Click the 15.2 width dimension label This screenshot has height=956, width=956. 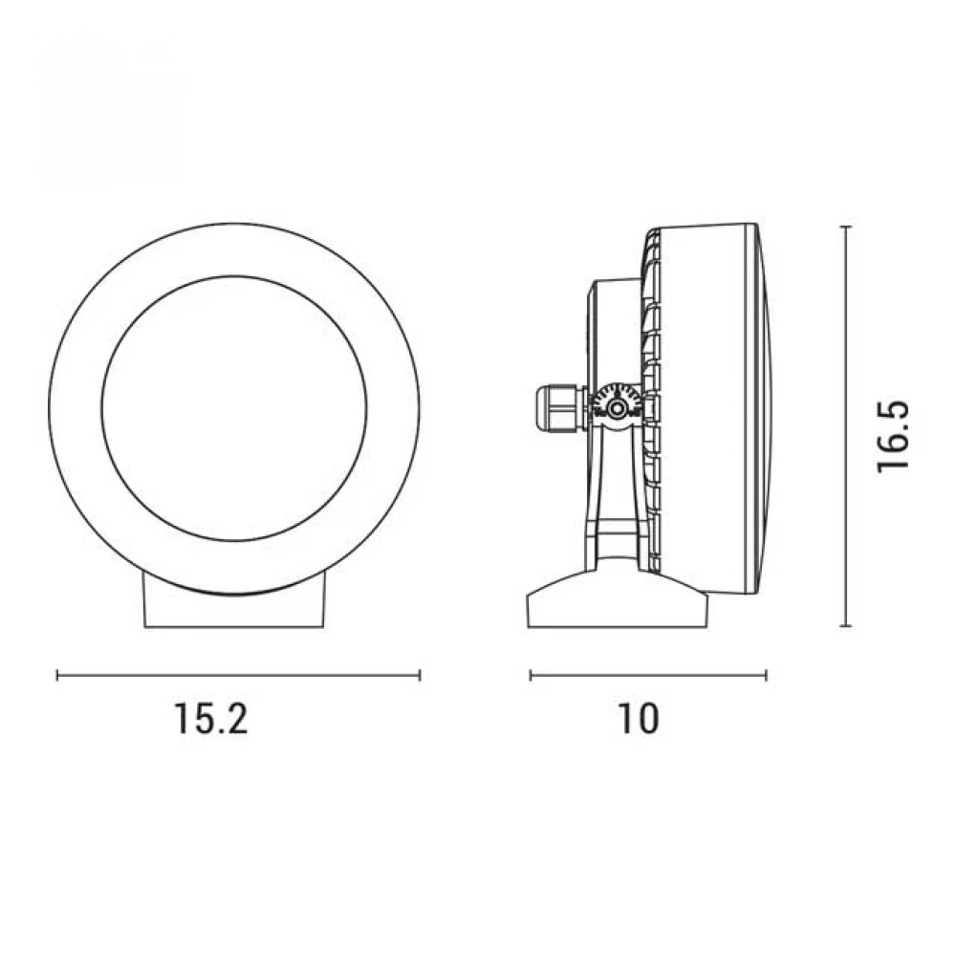211,718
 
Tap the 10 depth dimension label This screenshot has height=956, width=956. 639,718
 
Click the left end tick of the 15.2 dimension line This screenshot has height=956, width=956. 57,675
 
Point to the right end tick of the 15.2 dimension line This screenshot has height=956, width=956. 420,675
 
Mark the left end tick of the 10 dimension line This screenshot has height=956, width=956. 531,675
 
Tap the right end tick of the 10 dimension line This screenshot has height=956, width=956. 766,675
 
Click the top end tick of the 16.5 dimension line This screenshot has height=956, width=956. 845,227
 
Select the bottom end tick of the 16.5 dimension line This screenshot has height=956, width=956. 845,625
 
